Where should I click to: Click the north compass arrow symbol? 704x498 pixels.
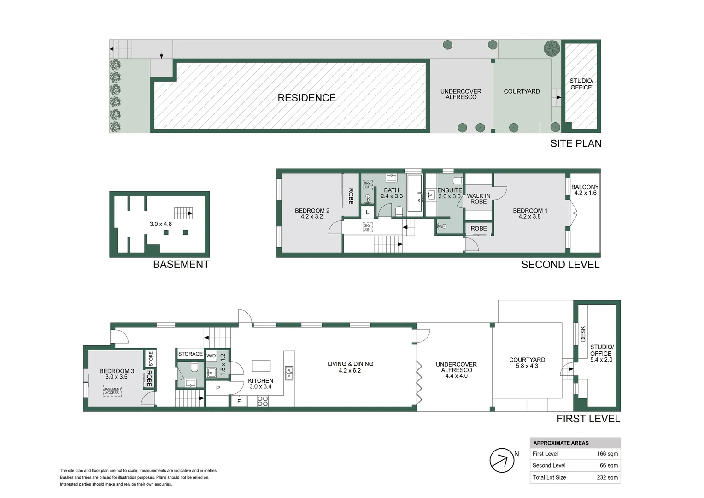502,460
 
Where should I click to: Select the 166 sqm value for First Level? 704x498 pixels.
607,454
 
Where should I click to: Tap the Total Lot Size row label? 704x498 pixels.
549,477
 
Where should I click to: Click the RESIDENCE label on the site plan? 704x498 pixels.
306,98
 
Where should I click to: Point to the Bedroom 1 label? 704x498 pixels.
530,213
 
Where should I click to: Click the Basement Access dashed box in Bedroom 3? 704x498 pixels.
112,391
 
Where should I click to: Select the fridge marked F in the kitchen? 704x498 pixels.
239,401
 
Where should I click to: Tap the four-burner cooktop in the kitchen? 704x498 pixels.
262,401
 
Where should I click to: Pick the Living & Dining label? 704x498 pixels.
350,367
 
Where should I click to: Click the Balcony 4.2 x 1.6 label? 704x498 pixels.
585,190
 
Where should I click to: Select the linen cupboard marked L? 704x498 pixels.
367,213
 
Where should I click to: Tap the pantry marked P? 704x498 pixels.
218,388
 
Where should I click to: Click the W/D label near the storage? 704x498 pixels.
211,356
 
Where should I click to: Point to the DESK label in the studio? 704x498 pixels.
583,334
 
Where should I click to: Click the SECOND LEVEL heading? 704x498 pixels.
560,265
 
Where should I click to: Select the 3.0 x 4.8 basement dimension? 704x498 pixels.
161,224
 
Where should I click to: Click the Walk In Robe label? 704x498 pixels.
479,199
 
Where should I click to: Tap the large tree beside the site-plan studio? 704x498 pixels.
551,47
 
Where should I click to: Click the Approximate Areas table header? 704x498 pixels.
561,443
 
